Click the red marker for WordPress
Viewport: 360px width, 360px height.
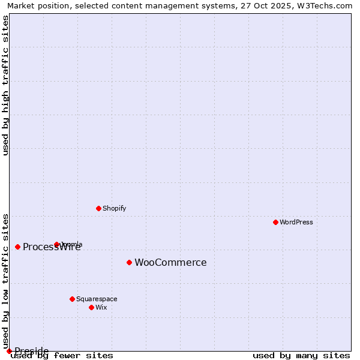275,222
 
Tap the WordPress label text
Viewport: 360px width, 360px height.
296,223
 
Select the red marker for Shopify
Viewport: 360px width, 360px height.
98,208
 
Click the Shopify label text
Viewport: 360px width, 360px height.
115,209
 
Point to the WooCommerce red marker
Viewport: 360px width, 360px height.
129,262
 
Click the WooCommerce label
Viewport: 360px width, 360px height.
170,263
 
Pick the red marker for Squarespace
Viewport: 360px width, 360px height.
72,299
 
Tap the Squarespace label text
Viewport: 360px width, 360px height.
97,299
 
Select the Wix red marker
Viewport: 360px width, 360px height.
91,307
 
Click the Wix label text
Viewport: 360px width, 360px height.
101,308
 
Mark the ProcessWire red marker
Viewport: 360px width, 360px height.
17,247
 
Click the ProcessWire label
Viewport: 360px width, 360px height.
52,247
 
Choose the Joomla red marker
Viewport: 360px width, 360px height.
56,244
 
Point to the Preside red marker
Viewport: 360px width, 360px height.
9,351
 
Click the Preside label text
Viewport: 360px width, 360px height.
31,351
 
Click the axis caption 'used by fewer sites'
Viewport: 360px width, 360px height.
62,356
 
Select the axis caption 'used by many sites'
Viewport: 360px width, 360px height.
301,356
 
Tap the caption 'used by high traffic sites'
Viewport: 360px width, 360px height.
5,85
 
